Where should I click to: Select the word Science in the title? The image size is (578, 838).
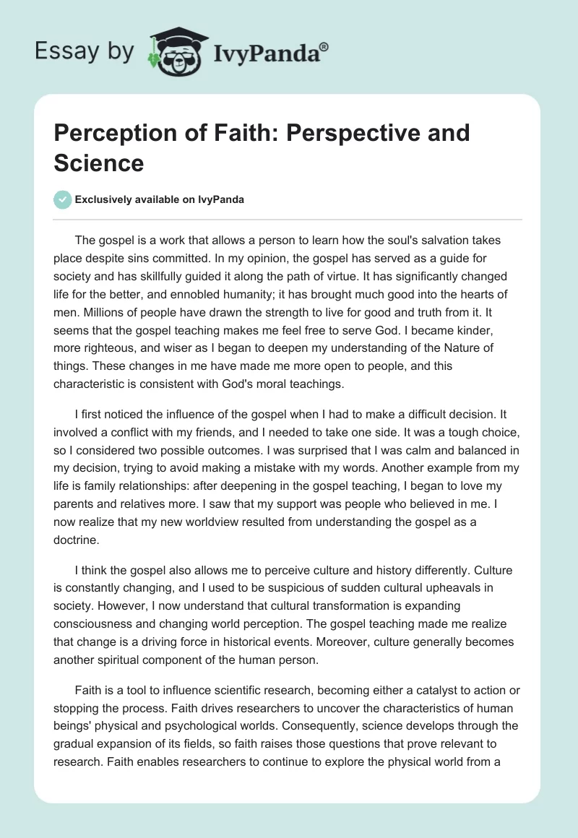(99, 163)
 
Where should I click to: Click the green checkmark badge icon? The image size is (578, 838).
(63, 199)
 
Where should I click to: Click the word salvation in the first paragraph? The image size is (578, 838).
(413, 240)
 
